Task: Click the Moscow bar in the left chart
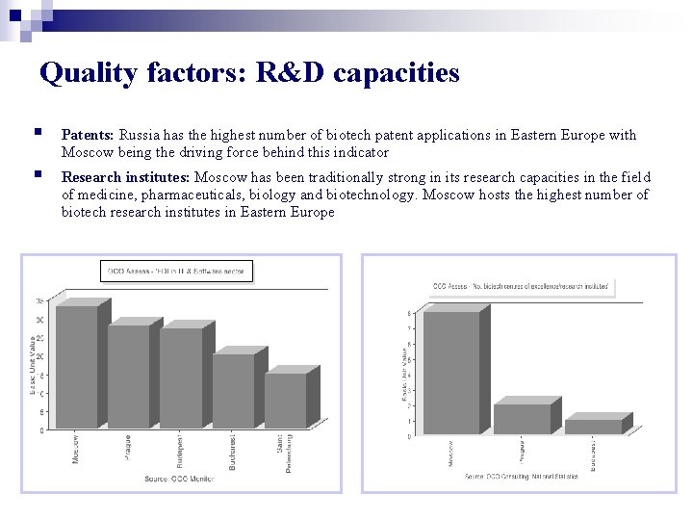(76, 367)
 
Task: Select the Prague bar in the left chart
(128, 377)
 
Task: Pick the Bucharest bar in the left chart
(232, 391)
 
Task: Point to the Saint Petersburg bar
(284, 401)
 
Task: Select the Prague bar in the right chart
(521, 419)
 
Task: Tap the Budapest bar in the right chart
(593, 427)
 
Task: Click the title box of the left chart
(175, 272)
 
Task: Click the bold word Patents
(89, 136)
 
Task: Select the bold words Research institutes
(126, 177)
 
